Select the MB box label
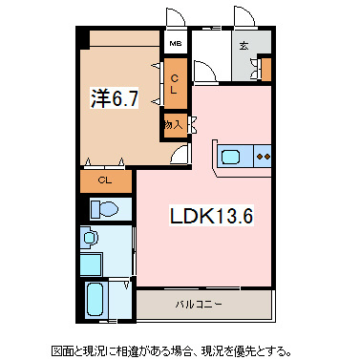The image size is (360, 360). click(175, 43)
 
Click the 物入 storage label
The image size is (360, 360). click(173, 124)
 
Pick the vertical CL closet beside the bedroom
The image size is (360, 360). click(176, 83)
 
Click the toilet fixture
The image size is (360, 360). click(104, 209)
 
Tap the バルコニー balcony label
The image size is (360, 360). click(198, 305)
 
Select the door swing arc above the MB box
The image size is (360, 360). click(176, 19)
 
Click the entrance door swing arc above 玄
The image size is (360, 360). click(244, 19)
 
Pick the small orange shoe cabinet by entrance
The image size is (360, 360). click(265, 70)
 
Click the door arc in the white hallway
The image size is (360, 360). click(204, 72)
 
